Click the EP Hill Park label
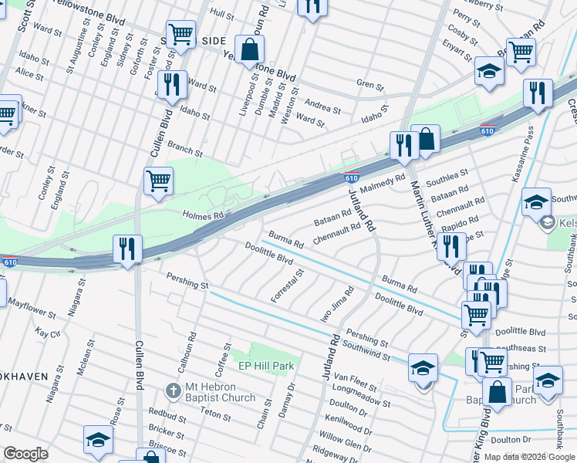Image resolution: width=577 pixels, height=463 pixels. click(x=266, y=365)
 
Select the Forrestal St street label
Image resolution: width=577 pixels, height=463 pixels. click(x=283, y=286)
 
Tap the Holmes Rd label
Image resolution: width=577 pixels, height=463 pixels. click(x=203, y=215)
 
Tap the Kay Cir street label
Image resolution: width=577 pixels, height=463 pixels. click(x=48, y=333)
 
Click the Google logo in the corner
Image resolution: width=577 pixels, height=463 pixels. click(x=25, y=454)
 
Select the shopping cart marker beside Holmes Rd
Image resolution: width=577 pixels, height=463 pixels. click(x=158, y=181)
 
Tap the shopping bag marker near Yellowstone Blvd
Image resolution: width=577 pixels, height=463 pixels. click(x=251, y=50)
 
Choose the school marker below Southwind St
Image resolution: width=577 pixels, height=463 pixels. click(x=423, y=368)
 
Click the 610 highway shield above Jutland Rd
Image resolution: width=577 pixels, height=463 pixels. click(x=352, y=177)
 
